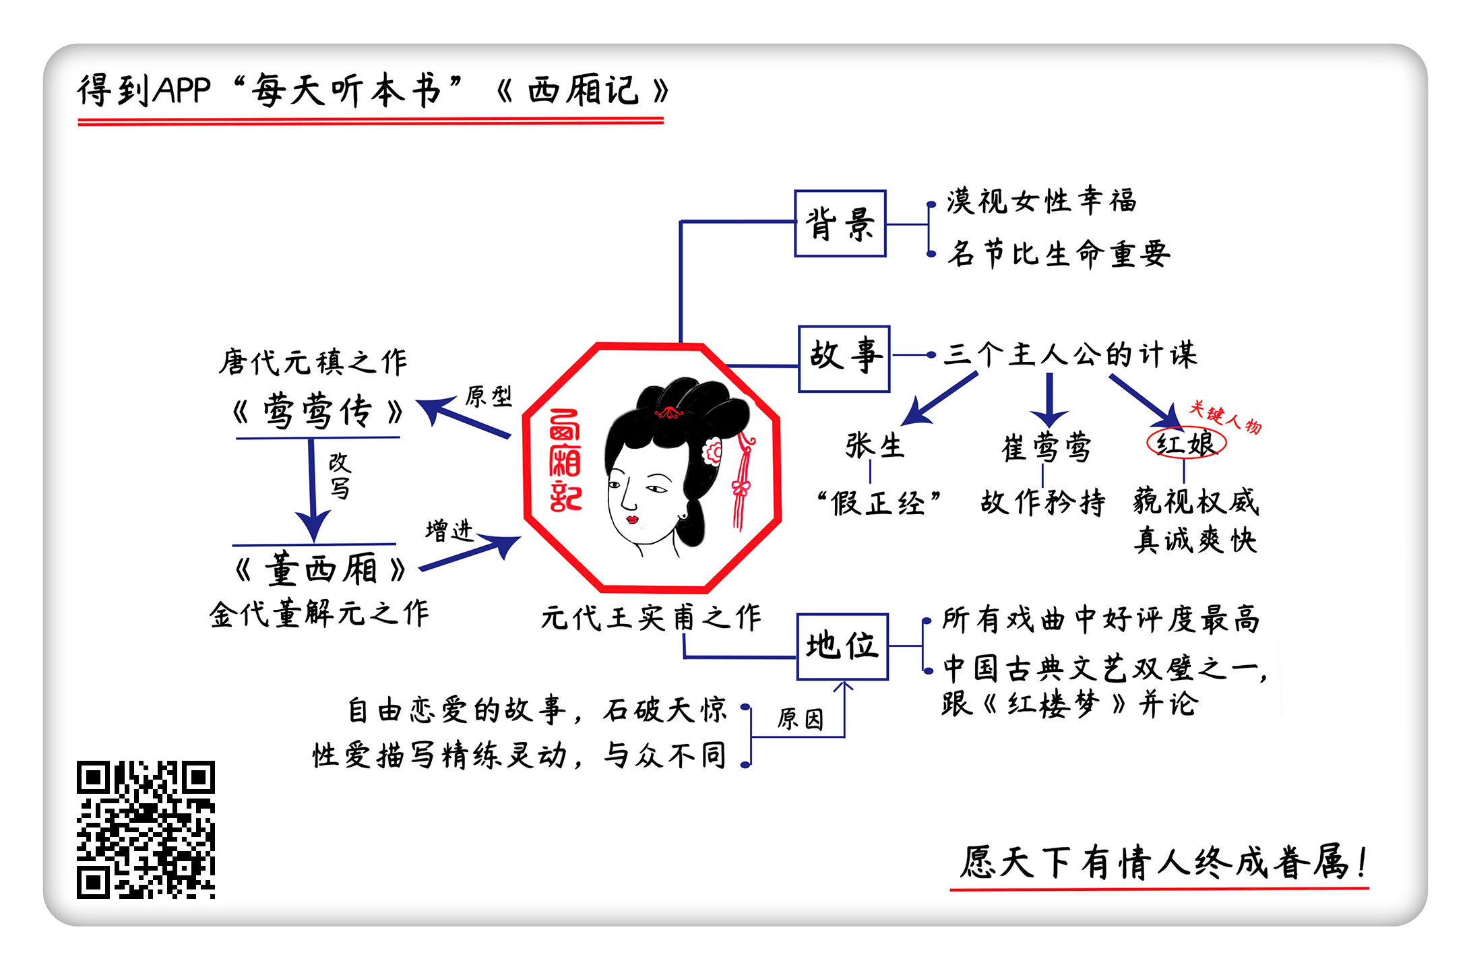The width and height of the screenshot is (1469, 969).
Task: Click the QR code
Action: pyautogui.click(x=146, y=830)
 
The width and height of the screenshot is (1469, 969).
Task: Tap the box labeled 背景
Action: pyautogui.click(x=840, y=224)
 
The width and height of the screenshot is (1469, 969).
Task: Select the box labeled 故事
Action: pyautogui.click(x=844, y=359)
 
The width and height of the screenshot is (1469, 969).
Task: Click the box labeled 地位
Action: pyautogui.click(x=842, y=647)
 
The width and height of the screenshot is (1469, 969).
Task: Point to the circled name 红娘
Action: pyautogui.click(x=1186, y=443)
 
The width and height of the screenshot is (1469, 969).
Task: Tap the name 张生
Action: pyautogui.click(x=875, y=446)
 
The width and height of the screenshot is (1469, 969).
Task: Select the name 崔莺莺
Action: pyautogui.click(x=1046, y=447)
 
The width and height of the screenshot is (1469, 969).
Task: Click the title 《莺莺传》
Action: pyautogui.click(x=317, y=411)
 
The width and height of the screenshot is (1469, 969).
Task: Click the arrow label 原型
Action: pyautogui.click(x=489, y=396)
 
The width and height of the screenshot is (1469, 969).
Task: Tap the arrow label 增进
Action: pyautogui.click(x=449, y=531)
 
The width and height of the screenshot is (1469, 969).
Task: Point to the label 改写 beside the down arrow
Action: pyautogui.click(x=340, y=475)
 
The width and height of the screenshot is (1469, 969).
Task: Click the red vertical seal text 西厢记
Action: pyautogui.click(x=565, y=461)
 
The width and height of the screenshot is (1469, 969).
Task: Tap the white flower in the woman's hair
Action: pyautogui.click(x=713, y=450)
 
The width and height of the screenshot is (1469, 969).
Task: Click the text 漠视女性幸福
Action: pyautogui.click(x=1041, y=201)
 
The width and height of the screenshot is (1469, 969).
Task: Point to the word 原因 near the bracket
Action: pyautogui.click(x=801, y=719)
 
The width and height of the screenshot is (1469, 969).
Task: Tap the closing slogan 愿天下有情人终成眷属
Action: pyautogui.click(x=1162, y=863)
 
